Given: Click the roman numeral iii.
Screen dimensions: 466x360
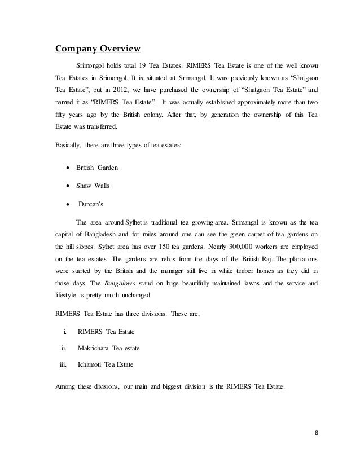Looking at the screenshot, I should pyautogui.click(x=63, y=364).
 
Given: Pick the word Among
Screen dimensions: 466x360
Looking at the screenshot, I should pyautogui.click(x=65, y=387).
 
